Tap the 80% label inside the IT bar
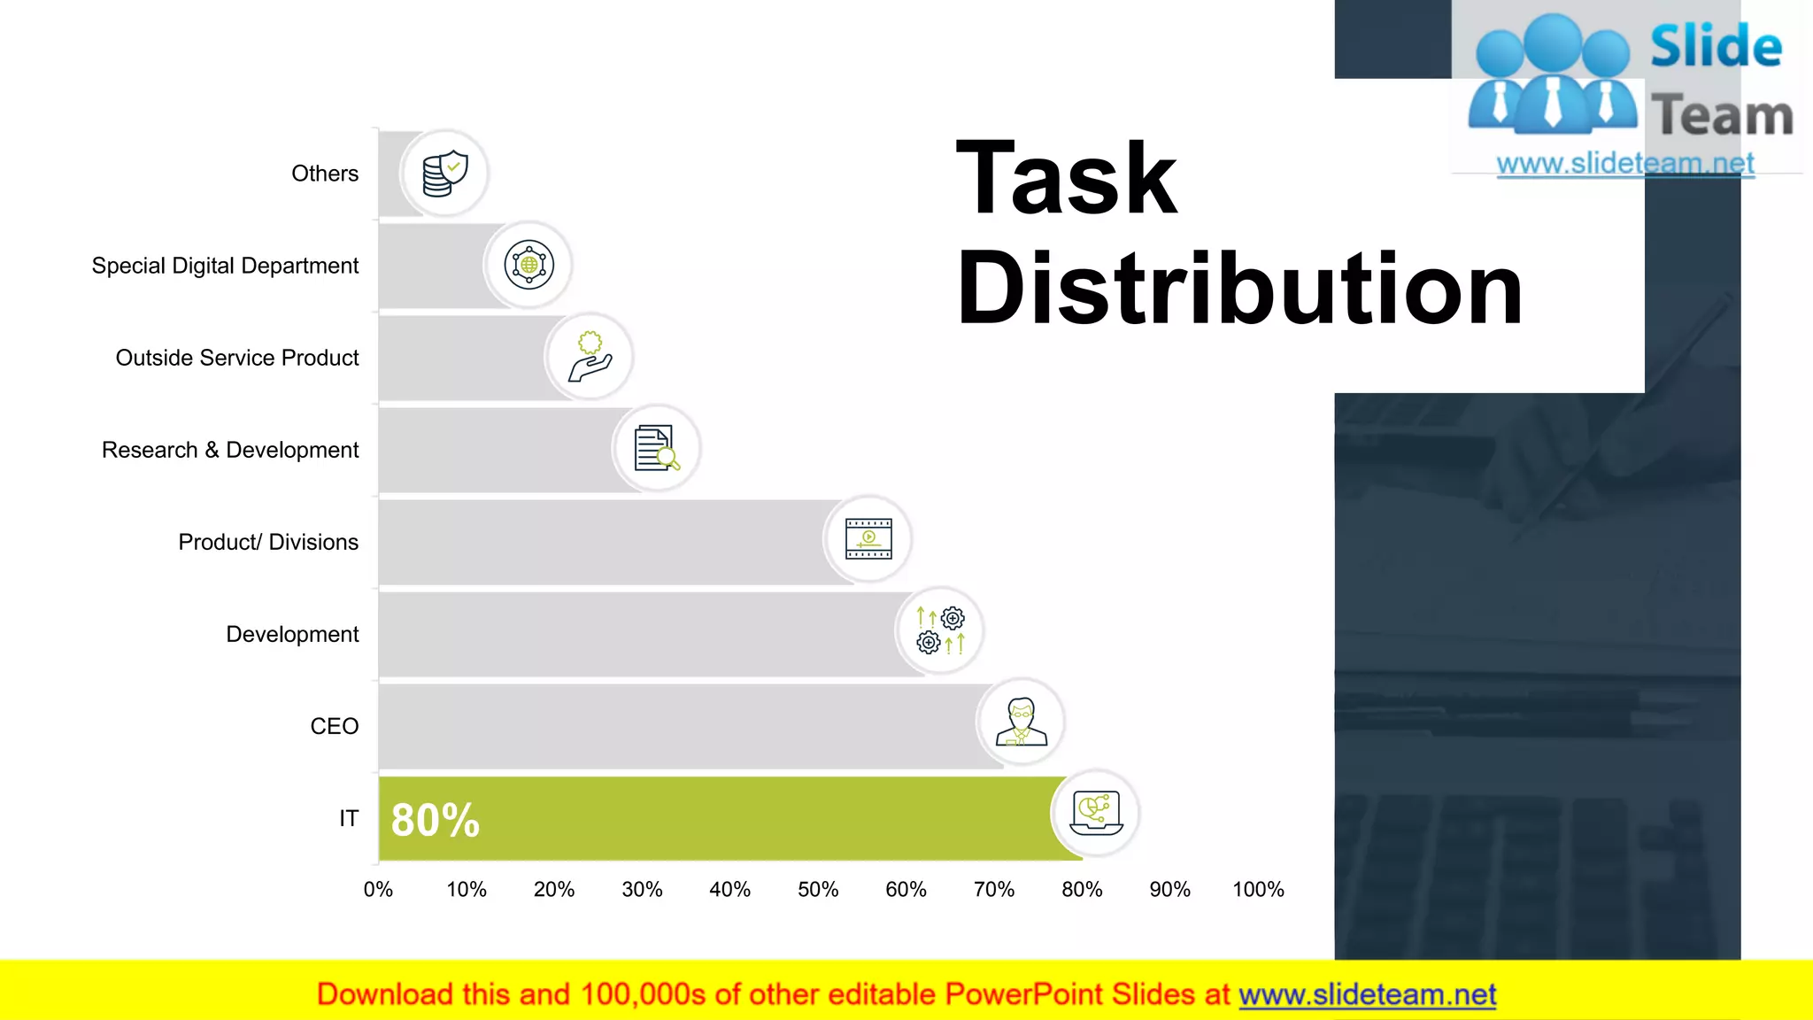point(435,820)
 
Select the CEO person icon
point(1021,722)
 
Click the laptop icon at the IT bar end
point(1096,813)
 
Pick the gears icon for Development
point(939,630)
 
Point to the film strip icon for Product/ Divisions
point(868,538)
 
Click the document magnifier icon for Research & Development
point(656,448)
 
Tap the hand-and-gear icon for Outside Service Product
point(590,357)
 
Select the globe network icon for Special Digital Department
point(528,265)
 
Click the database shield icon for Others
point(444,174)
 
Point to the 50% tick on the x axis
point(818,889)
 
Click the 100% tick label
point(1258,889)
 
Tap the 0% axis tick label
point(378,889)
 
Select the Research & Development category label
point(230,450)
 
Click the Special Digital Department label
point(225,266)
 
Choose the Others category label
point(325,174)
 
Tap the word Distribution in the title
point(1239,289)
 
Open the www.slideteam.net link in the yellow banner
point(1367,994)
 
